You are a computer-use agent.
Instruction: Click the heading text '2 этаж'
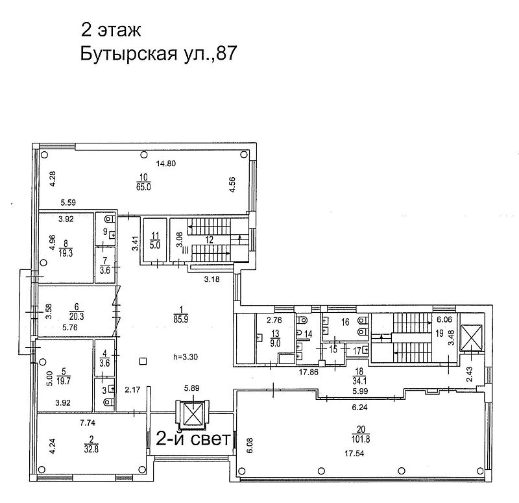coord(111,30)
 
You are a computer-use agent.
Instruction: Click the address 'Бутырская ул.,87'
coord(158,53)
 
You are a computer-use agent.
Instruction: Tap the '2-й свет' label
coord(193,439)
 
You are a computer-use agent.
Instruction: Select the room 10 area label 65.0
coord(143,187)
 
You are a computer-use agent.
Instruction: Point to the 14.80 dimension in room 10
coord(166,164)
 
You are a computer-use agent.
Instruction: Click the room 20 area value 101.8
coord(361,439)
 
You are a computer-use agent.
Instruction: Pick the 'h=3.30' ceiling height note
coord(186,357)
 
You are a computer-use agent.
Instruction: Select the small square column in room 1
coord(143,362)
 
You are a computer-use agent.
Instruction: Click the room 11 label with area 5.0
coord(155,240)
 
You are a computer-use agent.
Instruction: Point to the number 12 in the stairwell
coord(209,239)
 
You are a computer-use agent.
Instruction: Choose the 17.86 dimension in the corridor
coord(309,372)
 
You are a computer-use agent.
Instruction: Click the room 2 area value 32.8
coord(91,448)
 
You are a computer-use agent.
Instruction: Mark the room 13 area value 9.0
coord(275,343)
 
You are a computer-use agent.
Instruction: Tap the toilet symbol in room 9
coord(109,219)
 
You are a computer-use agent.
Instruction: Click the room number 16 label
coord(345,322)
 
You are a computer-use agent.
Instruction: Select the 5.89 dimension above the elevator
coord(191,387)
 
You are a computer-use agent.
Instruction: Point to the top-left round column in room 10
coord(44,154)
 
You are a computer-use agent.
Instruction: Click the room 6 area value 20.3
coord(77,317)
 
